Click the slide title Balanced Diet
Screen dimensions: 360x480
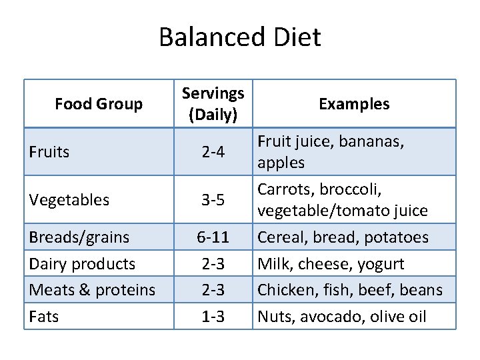click(x=239, y=37)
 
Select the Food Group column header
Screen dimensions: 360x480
click(x=99, y=104)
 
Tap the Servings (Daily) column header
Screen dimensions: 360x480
click(x=213, y=103)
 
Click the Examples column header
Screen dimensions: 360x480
click(x=354, y=104)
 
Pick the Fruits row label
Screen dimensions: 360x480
click(x=49, y=152)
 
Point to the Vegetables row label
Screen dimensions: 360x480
click(x=69, y=200)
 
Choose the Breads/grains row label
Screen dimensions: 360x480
click(x=79, y=237)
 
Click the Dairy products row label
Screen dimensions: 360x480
click(x=82, y=263)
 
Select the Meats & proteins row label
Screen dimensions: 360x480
click(x=92, y=290)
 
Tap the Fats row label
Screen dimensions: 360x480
click(x=44, y=316)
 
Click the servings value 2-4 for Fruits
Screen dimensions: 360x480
click(x=213, y=153)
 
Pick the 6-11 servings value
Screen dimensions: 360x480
click(x=213, y=237)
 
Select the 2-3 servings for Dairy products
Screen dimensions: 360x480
click(x=213, y=264)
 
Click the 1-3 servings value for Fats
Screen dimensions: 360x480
click(x=213, y=317)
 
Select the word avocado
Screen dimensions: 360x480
click(x=327, y=317)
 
